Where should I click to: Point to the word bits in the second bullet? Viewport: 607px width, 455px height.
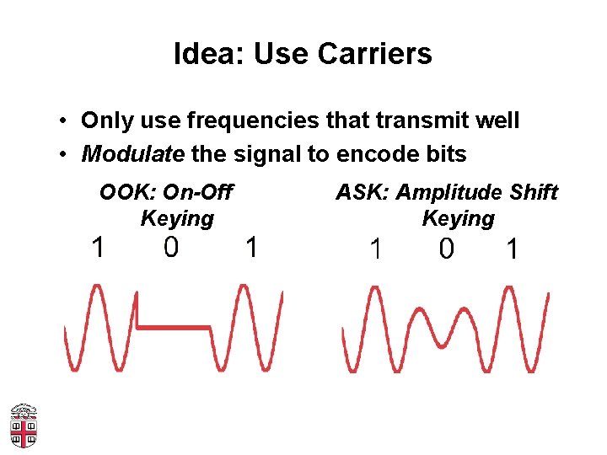pos(445,154)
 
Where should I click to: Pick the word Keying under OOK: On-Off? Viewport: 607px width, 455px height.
pos(177,219)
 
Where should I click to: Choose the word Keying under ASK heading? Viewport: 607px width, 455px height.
pos(458,219)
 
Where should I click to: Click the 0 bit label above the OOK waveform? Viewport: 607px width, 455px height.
pos(171,248)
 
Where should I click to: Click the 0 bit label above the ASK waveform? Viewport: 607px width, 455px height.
pos(447,249)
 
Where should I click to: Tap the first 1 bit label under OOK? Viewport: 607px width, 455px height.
pos(99,248)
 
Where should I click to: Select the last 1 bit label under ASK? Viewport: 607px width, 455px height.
pos(511,249)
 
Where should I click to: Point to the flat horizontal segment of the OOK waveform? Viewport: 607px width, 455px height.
pos(173,326)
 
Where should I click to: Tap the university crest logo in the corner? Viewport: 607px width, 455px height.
pos(24,426)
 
